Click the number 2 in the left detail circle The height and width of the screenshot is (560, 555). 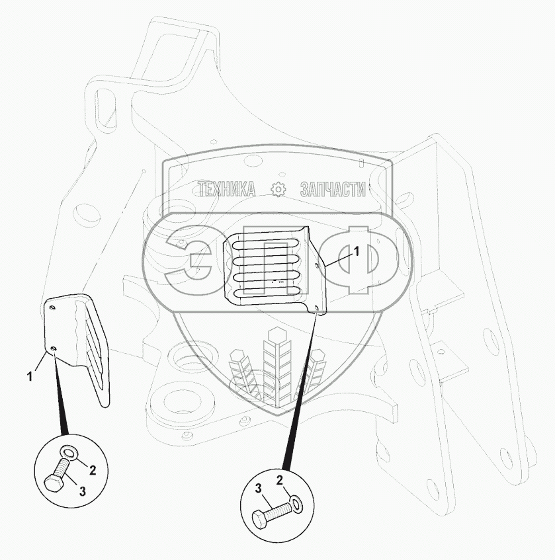(93, 471)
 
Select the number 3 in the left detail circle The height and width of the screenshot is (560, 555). (82, 491)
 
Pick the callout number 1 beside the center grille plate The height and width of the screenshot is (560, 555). (356, 251)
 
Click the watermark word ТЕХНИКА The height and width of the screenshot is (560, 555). (227, 190)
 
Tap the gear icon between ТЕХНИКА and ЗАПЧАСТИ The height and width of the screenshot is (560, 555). (278, 190)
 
